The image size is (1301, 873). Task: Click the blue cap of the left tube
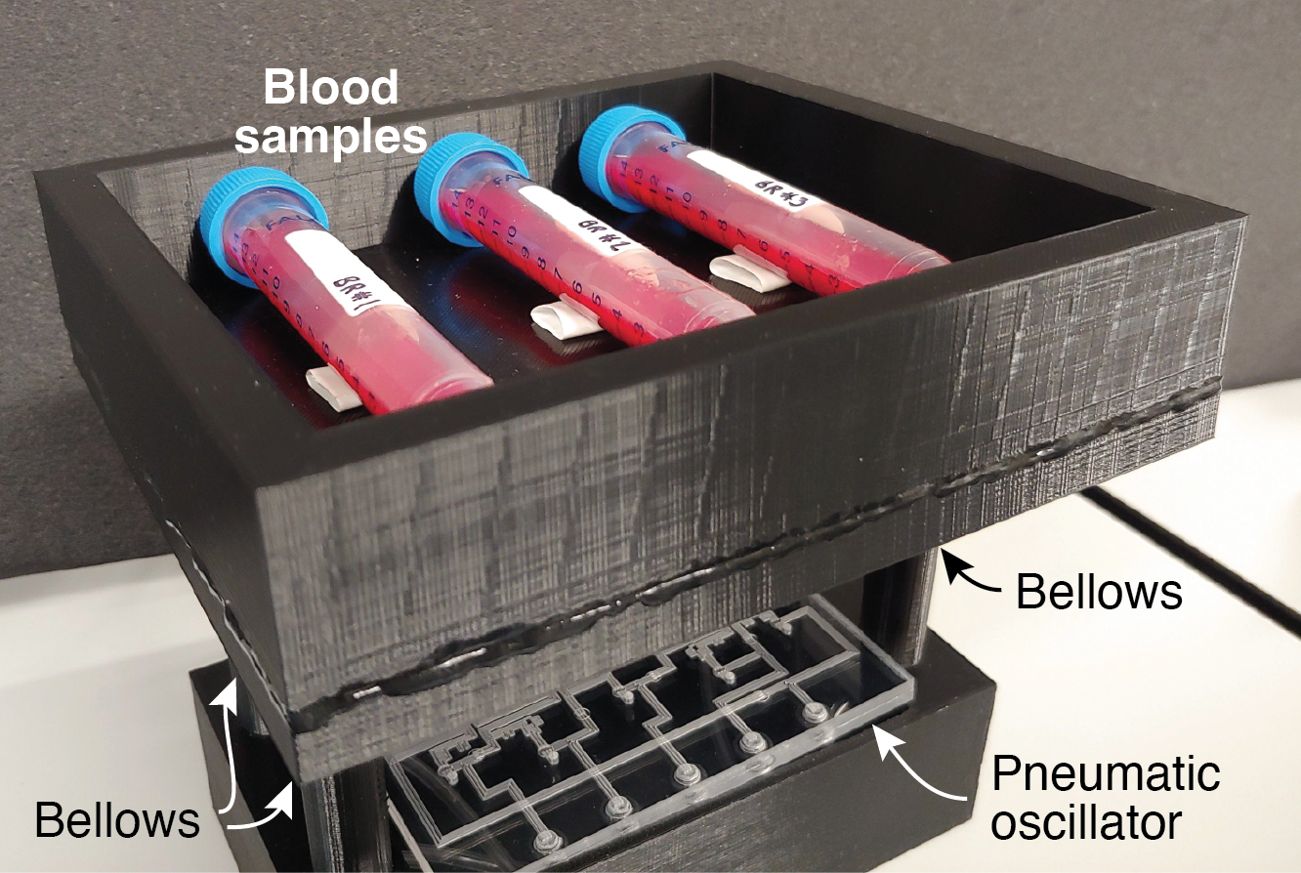[x=231, y=221]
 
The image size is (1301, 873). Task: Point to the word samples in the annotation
[x=333, y=138]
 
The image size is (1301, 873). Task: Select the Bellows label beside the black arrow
[x=1099, y=592]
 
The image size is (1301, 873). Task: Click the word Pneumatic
[x=1106, y=774]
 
